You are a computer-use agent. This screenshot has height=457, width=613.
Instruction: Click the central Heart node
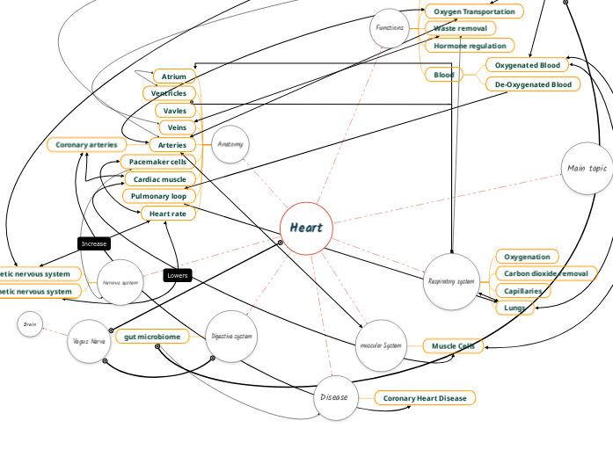(306, 228)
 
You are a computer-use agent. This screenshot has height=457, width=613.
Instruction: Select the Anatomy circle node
(230, 144)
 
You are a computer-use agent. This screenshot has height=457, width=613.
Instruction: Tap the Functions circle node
(390, 28)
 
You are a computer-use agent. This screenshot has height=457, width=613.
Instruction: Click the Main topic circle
(587, 168)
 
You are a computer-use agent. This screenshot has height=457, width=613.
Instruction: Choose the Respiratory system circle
(451, 282)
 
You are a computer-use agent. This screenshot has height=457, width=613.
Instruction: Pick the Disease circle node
(334, 397)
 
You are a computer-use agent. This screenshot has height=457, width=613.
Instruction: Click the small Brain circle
(30, 325)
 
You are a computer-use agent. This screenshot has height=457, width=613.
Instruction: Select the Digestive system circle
(232, 337)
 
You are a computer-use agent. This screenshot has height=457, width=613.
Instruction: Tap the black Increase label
(94, 243)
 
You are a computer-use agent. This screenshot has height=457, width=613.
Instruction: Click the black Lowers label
(177, 275)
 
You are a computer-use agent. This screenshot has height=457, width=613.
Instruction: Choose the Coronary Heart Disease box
(425, 398)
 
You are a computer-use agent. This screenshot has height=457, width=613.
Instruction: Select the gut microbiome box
(152, 337)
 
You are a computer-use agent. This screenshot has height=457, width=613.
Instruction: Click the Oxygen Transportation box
(474, 11)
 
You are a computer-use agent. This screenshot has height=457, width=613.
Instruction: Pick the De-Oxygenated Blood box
(532, 84)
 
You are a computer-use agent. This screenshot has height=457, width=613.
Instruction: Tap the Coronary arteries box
(86, 145)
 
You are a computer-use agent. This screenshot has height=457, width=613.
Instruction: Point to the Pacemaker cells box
(157, 163)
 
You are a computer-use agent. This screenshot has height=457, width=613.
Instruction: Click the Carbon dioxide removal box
(546, 273)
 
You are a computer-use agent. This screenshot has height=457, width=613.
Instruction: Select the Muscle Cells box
(453, 346)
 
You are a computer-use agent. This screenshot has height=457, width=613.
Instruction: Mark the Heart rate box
(167, 214)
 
